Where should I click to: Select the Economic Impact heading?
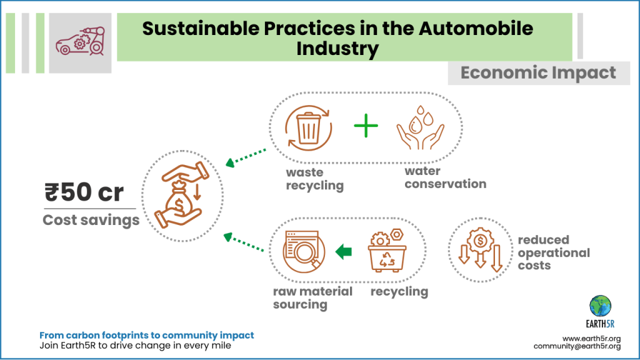tap(538, 72)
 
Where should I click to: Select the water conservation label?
tap(445, 177)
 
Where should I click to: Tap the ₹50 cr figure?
tap(84, 193)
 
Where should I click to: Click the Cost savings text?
tap(91, 220)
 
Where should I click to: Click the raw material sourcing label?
tap(312, 298)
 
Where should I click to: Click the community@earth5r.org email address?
tap(576, 346)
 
